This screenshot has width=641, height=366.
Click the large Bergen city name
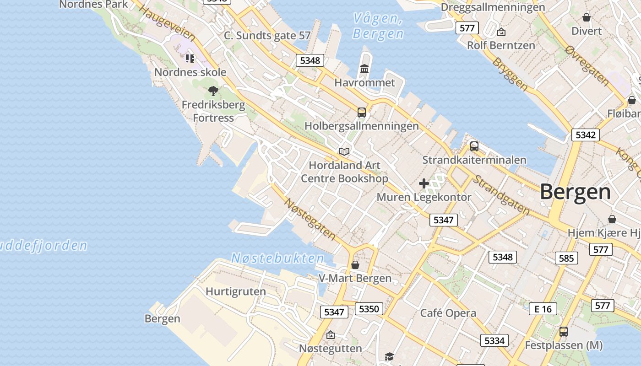point(575,192)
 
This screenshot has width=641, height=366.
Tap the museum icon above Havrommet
point(364,69)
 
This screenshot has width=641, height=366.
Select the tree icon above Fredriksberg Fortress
point(213,91)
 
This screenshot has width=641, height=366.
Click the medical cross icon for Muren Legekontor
point(424,183)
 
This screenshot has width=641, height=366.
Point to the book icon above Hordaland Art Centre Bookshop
point(344,151)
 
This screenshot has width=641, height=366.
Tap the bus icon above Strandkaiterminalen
point(474,146)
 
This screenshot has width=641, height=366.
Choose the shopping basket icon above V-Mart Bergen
point(355,265)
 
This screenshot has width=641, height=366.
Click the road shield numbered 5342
point(585,135)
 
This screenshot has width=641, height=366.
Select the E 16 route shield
point(543,309)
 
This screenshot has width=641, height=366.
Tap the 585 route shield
point(566,258)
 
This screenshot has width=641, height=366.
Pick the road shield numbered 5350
point(369,309)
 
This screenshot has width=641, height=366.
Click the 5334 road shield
point(494,340)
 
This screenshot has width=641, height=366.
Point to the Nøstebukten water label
point(277,258)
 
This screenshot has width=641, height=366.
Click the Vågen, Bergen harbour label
point(378,26)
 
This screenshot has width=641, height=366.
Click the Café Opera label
point(448,313)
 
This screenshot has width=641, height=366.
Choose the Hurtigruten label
point(235,291)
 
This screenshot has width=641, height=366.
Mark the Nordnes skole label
point(190,72)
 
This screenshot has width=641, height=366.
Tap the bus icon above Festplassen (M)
point(564,332)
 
